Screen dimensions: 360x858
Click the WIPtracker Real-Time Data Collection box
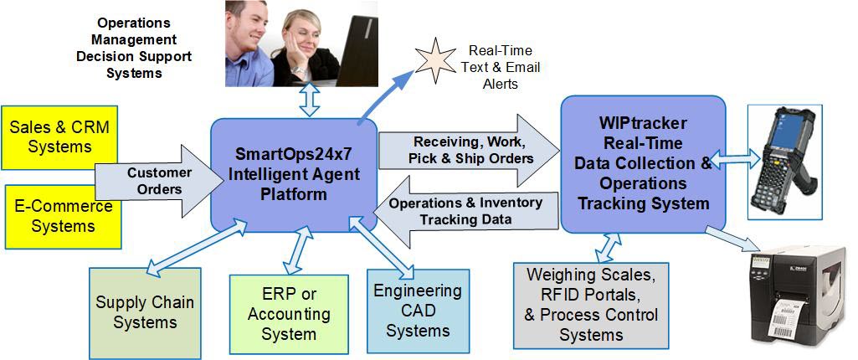[642, 163]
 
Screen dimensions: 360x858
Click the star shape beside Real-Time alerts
[435, 59]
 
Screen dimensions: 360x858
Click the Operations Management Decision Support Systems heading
[133, 48]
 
